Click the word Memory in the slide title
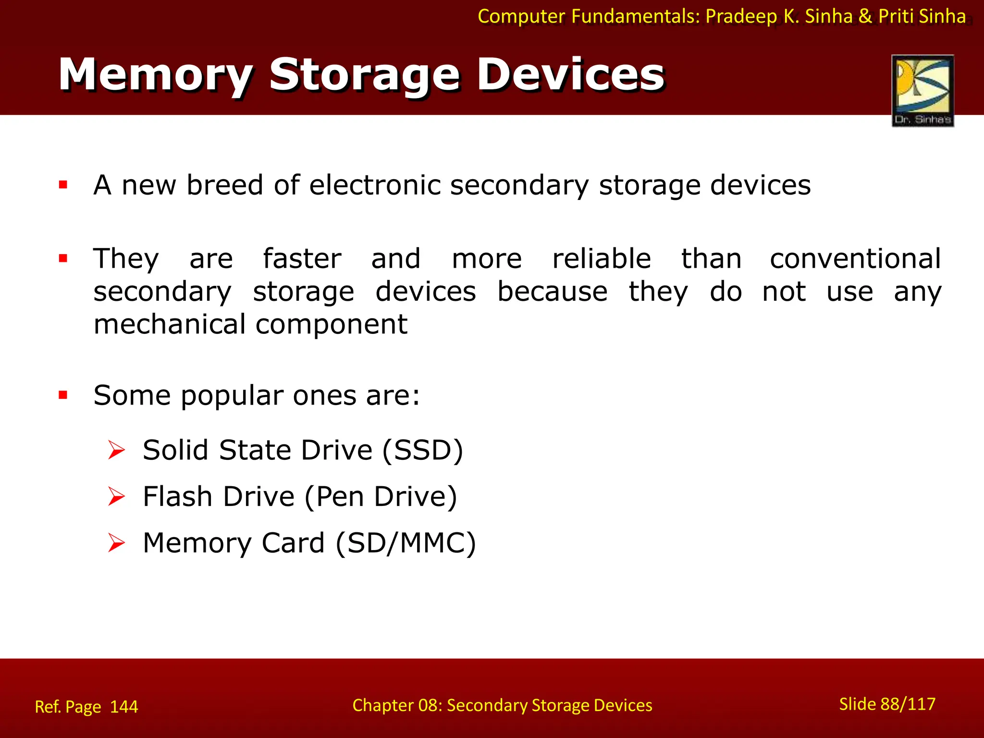[155, 75]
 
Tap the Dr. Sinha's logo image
[922, 90]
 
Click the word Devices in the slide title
[570, 75]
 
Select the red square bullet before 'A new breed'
[63, 184]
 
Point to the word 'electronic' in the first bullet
[374, 185]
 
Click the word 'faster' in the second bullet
[302, 258]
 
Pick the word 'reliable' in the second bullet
[601, 258]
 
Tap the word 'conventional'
[855, 258]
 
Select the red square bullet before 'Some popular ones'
[63, 395]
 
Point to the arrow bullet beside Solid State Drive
[116, 450]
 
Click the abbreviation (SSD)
[423, 450]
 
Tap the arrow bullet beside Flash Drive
[116, 496]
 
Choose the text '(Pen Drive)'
[381, 496]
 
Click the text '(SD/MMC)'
[406, 543]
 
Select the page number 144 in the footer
[124, 707]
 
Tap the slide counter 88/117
[908, 704]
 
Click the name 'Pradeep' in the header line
[741, 16]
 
